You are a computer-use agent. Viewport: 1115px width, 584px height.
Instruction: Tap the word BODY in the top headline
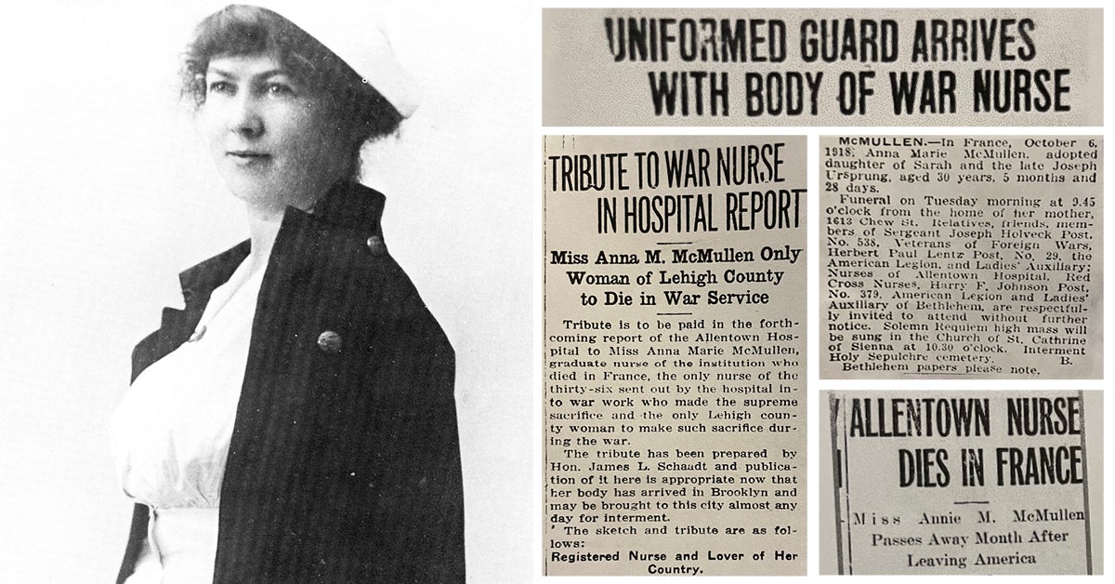tap(785, 91)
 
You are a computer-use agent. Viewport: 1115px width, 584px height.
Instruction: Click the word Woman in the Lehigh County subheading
tap(603, 276)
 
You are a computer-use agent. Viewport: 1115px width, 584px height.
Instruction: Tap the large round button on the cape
tap(329, 341)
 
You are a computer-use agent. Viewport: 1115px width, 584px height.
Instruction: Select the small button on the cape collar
tap(375, 245)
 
